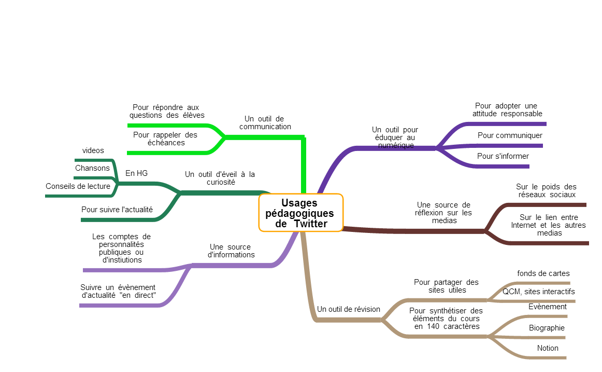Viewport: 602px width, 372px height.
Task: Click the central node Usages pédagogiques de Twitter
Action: point(300,213)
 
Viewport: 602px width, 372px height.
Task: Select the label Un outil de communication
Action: point(265,122)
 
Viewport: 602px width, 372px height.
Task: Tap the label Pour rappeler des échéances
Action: point(165,139)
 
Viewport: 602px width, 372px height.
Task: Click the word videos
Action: point(93,150)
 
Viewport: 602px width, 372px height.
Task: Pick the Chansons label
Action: point(92,168)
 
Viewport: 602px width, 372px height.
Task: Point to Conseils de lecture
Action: point(78,186)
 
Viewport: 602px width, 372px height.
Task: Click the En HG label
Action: point(137,173)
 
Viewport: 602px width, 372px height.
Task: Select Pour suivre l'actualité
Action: point(117,210)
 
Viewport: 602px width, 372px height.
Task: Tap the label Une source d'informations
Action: point(231,251)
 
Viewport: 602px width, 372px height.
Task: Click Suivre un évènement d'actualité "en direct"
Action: point(118,291)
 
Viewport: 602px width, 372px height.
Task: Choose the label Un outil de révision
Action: point(348,309)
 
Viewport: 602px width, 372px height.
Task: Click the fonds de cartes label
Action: point(543,273)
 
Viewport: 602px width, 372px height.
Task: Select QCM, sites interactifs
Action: point(538,292)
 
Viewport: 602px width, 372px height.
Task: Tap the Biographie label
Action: point(547,328)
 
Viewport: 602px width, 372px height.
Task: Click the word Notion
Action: point(548,348)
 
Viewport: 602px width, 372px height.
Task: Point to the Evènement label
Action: point(548,307)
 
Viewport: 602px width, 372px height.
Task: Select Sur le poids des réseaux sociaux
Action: point(546,190)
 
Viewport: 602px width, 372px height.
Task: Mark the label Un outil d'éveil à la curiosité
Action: point(220,178)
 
